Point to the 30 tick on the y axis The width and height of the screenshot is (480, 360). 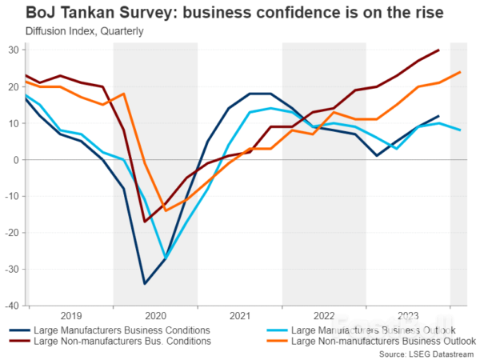point(14,50)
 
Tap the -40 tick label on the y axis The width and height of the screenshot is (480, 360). point(12,305)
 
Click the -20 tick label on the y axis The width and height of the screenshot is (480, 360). point(12,232)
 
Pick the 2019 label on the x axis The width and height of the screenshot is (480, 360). point(70,315)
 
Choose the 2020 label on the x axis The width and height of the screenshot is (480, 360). point(155,315)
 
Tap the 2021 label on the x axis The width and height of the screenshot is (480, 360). point(239,315)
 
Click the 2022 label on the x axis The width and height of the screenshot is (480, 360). point(323,315)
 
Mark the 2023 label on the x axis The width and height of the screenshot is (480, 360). point(407,315)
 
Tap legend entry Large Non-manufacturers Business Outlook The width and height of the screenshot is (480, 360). point(382,342)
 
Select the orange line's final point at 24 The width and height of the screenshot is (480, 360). point(460,72)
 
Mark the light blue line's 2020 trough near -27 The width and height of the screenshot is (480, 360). point(166,258)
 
